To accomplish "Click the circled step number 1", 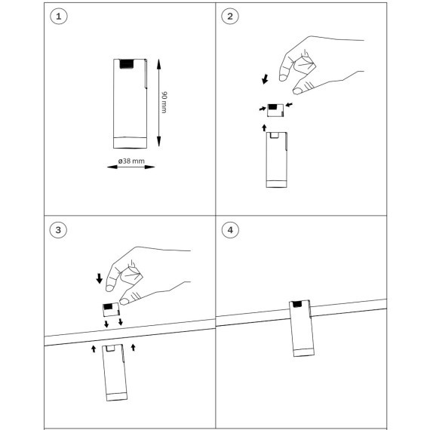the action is (x=59, y=17).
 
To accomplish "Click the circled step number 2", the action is (x=230, y=17).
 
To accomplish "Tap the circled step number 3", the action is (x=58, y=230).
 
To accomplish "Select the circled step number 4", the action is (x=230, y=230).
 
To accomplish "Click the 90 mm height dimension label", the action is (x=164, y=103).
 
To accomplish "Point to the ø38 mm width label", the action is (x=131, y=161).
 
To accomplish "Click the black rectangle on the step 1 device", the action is (x=127, y=64).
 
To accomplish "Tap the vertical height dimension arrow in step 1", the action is (x=158, y=103).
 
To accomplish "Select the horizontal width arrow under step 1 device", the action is (x=131, y=167).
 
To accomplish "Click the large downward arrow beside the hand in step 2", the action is (x=266, y=78).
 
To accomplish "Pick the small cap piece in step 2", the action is (x=275, y=110).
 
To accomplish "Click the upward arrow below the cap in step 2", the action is (x=264, y=127).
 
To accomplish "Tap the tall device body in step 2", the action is (x=276, y=160).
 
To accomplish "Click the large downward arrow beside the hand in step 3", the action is (x=100, y=278).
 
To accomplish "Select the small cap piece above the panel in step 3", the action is (x=111, y=309).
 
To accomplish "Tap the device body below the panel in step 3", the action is (x=115, y=373).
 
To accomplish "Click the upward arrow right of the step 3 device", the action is (x=134, y=348).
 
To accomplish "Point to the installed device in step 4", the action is (x=302, y=328).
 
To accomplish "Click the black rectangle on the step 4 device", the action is (x=297, y=304).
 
